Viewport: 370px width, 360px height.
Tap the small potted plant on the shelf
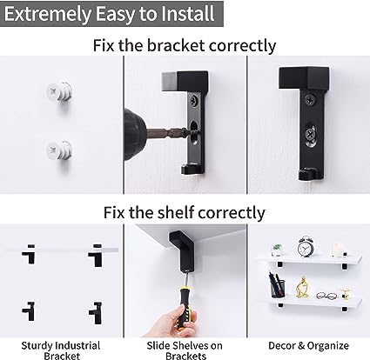pyautogui.click(x=277, y=250)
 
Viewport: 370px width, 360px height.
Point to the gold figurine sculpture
pyautogui.click(x=302, y=288)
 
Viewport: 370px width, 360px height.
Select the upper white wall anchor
pyautogui.click(x=59, y=92)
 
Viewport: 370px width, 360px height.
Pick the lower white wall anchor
pyautogui.click(x=59, y=150)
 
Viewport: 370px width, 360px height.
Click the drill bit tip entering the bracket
pyautogui.click(x=194, y=133)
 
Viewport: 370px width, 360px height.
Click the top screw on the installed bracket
pyautogui.click(x=310, y=100)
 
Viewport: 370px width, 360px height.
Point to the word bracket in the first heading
pyautogui.click(x=176, y=45)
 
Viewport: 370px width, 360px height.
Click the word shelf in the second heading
pyautogui.click(x=176, y=212)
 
